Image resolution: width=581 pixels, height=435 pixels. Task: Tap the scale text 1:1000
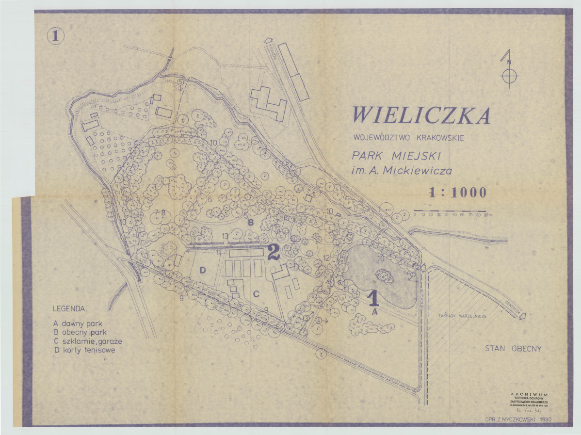coord(457,193)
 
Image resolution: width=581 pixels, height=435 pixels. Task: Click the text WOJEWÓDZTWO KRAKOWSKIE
coord(408,138)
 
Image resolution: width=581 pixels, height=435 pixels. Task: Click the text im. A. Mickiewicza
coord(403,171)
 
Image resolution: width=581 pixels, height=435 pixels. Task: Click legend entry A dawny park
coord(78,323)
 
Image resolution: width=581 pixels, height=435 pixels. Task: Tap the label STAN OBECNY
coord(513,349)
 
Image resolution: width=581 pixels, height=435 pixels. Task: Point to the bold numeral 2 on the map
coord(273,252)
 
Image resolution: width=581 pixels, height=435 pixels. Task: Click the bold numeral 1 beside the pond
coord(373,298)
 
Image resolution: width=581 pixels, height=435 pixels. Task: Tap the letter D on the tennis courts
coord(203,270)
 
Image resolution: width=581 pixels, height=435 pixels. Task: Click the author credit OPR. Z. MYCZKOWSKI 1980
coord(518,419)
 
